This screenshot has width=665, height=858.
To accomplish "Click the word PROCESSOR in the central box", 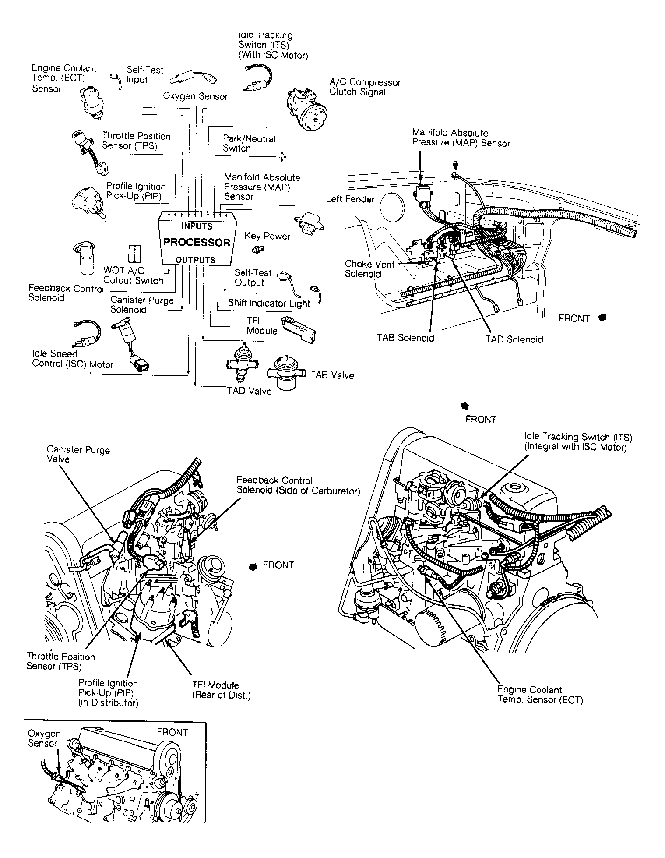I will (x=197, y=242).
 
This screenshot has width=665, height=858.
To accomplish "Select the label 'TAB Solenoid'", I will (x=405, y=338).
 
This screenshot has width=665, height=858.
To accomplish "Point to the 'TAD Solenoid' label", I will (x=514, y=339).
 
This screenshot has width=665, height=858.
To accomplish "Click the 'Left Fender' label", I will (x=350, y=199).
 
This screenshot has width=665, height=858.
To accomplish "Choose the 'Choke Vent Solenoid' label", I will (x=369, y=269).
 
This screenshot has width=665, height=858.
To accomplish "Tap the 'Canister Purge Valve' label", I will (x=78, y=454).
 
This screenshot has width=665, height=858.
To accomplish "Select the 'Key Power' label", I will (x=267, y=236).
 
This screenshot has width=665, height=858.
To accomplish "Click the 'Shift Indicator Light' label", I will (x=269, y=303).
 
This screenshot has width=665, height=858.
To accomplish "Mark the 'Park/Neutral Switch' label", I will (x=249, y=144).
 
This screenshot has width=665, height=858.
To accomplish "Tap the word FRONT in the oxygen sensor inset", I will (x=172, y=732).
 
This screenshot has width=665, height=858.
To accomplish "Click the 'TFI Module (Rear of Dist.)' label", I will (x=221, y=690).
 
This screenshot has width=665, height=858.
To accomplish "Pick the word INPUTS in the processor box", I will (x=197, y=226).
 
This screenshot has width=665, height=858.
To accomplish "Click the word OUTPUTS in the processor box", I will (x=195, y=260).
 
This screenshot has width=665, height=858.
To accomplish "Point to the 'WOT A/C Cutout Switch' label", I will (x=133, y=276).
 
